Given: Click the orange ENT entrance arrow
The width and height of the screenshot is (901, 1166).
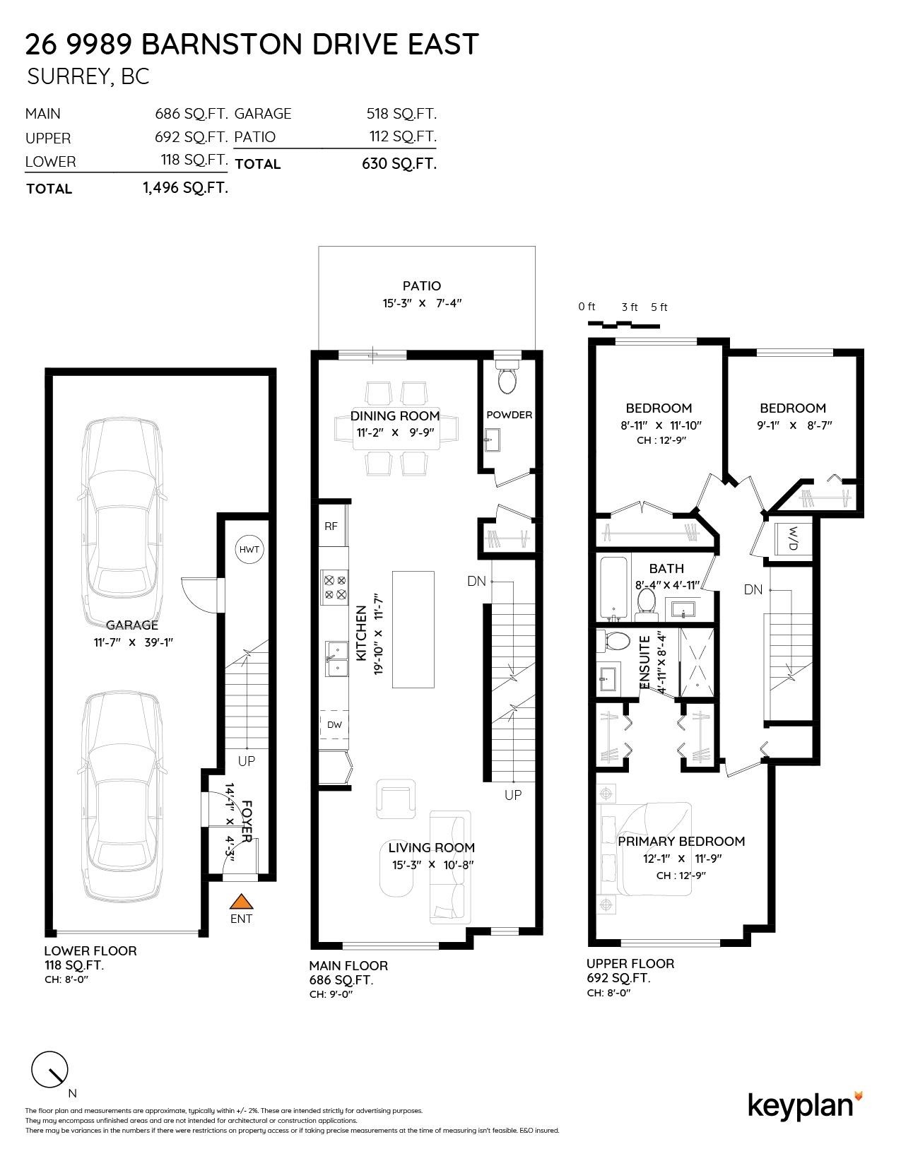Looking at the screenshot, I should point(241,902).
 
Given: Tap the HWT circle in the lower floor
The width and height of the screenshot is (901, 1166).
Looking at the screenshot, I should point(249,549).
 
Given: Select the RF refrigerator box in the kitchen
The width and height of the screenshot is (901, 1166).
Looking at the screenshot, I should point(331,526).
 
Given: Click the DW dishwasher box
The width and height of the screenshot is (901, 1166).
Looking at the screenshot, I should point(334,724).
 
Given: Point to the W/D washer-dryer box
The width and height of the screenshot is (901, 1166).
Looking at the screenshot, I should point(793,538).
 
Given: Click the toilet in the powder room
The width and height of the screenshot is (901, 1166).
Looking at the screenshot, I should point(507,379).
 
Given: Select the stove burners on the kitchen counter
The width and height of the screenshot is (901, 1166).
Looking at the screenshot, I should point(334,587).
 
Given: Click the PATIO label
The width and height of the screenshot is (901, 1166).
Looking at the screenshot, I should point(421,285).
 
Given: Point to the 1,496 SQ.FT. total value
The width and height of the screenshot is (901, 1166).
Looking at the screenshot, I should point(185,188).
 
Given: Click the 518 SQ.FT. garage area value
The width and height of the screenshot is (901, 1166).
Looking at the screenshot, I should point(401,114).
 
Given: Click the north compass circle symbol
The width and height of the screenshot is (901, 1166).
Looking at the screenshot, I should point(49,1071).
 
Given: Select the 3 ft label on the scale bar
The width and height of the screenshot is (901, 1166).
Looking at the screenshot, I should point(629,307).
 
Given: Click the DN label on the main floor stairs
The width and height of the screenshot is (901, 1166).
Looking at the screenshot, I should point(476,581).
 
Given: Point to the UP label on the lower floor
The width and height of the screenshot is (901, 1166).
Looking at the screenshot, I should point(247,761).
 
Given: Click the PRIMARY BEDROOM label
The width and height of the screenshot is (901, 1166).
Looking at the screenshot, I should point(681,841).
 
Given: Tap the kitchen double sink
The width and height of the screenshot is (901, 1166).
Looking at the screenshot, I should point(336,659).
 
